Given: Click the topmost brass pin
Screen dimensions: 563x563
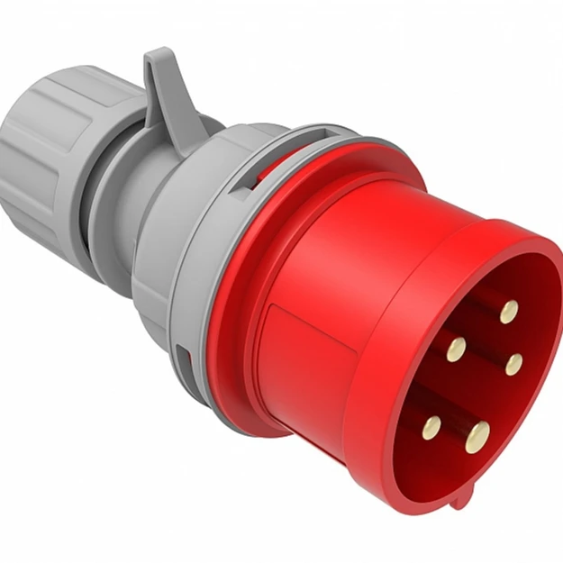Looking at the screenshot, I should point(509,312).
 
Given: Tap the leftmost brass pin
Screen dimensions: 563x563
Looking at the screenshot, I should point(431,426).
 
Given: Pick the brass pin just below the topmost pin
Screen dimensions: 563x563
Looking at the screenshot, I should point(514,363).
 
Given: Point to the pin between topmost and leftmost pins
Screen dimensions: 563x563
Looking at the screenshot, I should point(456,348).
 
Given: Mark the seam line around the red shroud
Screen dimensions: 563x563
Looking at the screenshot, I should point(396,297).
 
